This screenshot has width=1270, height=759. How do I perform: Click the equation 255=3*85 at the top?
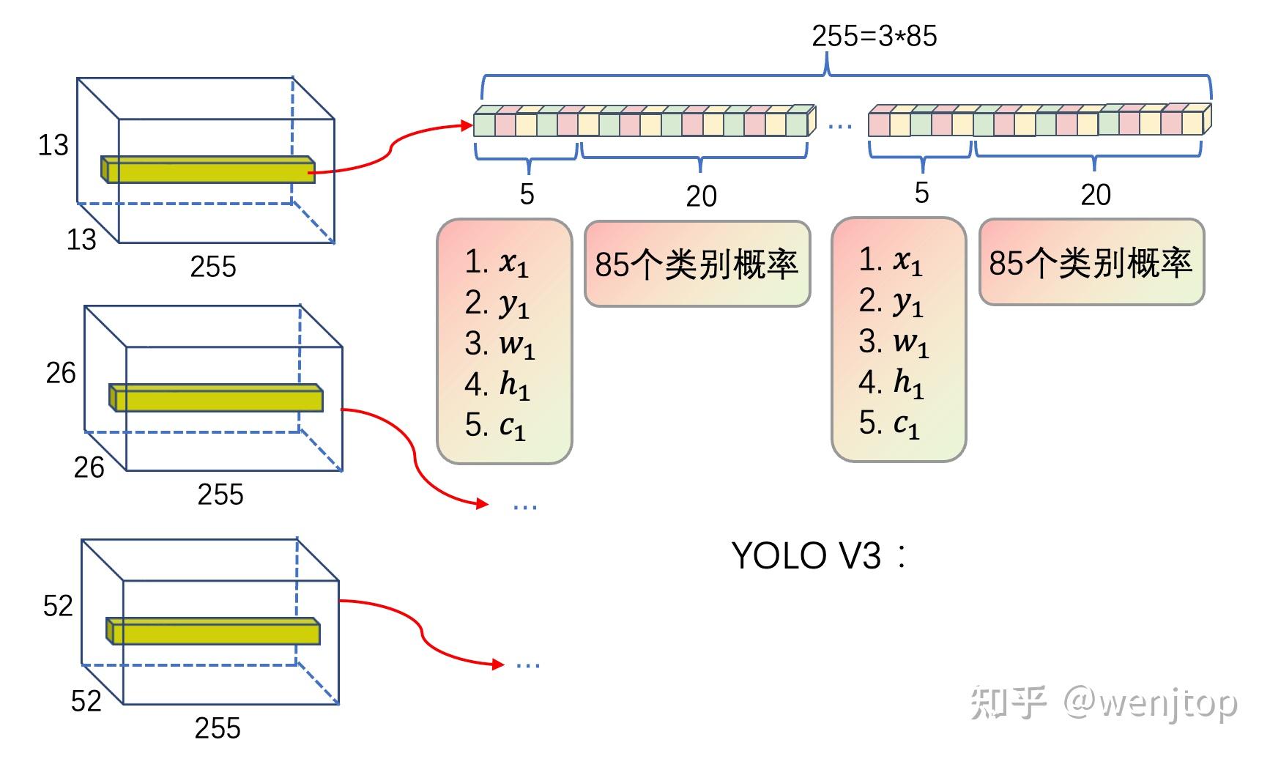coord(874,36)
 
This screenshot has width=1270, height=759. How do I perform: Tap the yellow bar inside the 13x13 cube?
coord(209,170)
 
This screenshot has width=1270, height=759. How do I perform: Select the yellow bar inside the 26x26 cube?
coord(217,399)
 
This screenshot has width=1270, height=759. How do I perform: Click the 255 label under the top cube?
coord(213,267)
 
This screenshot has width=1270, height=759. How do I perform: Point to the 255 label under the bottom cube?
coord(218,728)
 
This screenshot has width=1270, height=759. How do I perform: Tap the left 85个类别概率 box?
coord(697,264)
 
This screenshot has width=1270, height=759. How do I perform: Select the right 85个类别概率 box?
coord(1091,263)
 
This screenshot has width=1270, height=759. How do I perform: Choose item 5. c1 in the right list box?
coord(889,423)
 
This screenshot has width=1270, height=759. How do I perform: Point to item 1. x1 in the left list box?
coord(497,262)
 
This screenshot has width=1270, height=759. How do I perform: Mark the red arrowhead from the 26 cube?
coord(481,503)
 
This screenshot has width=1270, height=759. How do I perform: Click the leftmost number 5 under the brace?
coord(527,194)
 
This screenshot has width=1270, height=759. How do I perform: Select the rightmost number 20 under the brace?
coord(1096,195)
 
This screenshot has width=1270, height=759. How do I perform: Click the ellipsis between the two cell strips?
coord(839,127)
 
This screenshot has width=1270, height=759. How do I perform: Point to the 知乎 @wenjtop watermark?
coord(1104,703)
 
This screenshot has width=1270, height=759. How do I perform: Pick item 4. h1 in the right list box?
coord(891,382)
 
